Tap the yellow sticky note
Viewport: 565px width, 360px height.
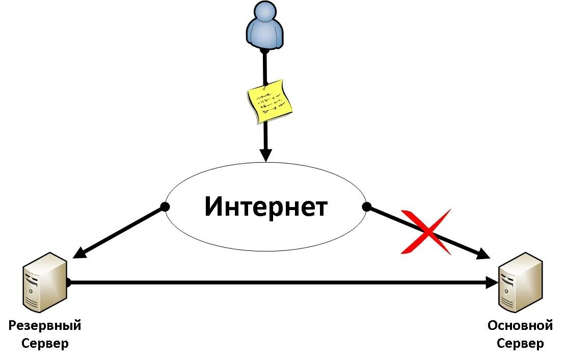point(270,101)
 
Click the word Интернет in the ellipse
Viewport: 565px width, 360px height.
point(266,207)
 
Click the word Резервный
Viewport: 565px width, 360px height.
point(45,325)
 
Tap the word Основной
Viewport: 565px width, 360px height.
point(520,325)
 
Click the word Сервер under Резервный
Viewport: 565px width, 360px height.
point(45,343)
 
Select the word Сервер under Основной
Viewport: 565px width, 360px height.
point(520,343)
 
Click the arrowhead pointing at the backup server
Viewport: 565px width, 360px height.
point(79,252)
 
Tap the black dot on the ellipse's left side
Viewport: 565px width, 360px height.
point(165,207)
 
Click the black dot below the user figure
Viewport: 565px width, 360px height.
point(264,50)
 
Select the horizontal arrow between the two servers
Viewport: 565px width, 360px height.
point(280,282)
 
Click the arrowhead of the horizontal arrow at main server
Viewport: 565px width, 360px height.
point(492,282)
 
